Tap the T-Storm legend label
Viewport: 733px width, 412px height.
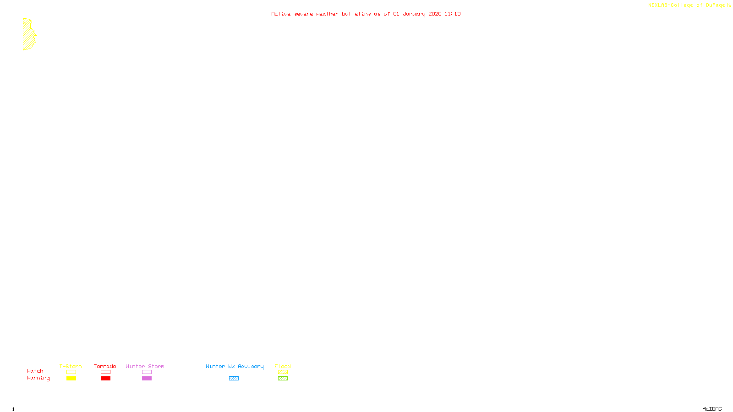pyautogui.click(x=71, y=366)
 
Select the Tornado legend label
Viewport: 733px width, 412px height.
pyautogui.click(x=105, y=366)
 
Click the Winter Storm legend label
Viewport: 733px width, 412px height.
pyautogui.click(x=145, y=366)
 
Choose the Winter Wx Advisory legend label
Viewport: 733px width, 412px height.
pyautogui.click(x=235, y=366)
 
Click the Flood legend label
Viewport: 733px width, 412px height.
pyautogui.click(x=283, y=366)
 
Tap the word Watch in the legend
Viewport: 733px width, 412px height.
pyautogui.click(x=35, y=371)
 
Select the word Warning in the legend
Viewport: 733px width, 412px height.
pyautogui.click(x=38, y=378)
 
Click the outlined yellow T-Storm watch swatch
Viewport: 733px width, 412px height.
pyautogui.click(x=71, y=372)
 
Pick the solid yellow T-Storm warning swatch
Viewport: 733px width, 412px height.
pyautogui.click(x=71, y=379)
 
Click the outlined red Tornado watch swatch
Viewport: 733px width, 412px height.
pyautogui.click(x=105, y=372)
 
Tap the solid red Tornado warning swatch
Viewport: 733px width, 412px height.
pyautogui.click(x=105, y=379)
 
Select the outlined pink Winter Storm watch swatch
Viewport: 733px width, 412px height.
pyautogui.click(x=147, y=372)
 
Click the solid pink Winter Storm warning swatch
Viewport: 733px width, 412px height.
pyautogui.click(x=147, y=379)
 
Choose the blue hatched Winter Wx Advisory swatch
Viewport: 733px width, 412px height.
pyautogui.click(x=234, y=379)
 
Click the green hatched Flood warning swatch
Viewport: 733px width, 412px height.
pyautogui.click(x=283, y=379)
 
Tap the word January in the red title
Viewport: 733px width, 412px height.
pyautogui.click(x=414, y=14)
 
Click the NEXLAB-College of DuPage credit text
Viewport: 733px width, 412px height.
pyautogui.click(x=687, y=5)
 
